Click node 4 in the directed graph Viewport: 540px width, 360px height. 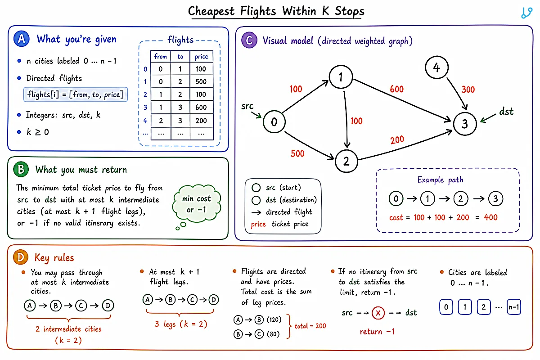(x=436, y=67)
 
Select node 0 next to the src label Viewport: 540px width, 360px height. (x=274, y=122)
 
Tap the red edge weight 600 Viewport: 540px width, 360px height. (x=396, y=89)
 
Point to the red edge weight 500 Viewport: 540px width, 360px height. (x=297, y=153)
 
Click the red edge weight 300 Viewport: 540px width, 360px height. (x=468, y=90)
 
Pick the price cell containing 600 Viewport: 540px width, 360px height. (x=201, y=107)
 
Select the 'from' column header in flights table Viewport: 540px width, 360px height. (x=161, y=56)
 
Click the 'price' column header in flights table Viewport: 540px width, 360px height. (x=201, y=56)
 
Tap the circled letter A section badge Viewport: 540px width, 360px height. (x=22, y=39)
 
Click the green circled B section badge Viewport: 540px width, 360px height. (x=21, y=169)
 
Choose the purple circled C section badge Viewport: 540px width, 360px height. (x=249, y=40)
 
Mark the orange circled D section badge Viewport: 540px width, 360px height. (x=21, y=257)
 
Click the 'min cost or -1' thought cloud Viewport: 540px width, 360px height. (x=197, y=203)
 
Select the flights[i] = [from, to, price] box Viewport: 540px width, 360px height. (x=76, y=94)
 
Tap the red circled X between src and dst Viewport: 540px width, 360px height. (x=378, y=313)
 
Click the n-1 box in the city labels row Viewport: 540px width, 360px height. (x=514, y=307)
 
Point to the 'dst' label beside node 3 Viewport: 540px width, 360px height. (x=506, y=112)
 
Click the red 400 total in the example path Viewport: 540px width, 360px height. (x=490, y=217)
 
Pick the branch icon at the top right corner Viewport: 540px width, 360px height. (x=526, y=13)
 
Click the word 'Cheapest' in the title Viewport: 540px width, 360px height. (x=211, y=12)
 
